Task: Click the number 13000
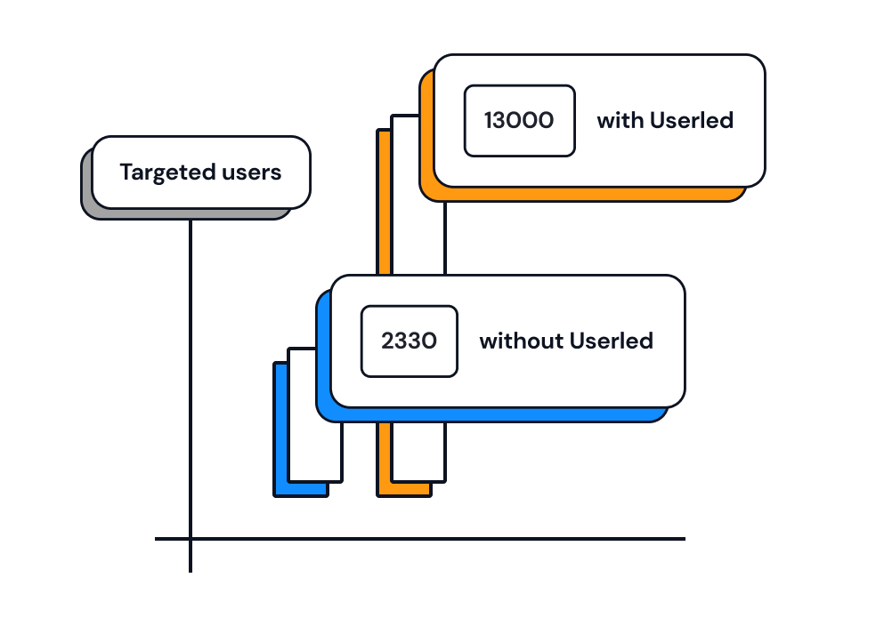point(519,121)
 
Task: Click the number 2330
point(409,341)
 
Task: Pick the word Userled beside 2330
point(612,341)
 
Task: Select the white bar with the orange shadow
point(418,445)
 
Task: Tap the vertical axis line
point(191,373)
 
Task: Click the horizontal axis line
point(445,539)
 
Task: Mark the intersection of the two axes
point(191,539)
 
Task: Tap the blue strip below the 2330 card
point(499,414)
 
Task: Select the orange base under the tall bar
point(405,489)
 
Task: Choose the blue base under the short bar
point(301,489)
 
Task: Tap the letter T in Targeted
point(126,173)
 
